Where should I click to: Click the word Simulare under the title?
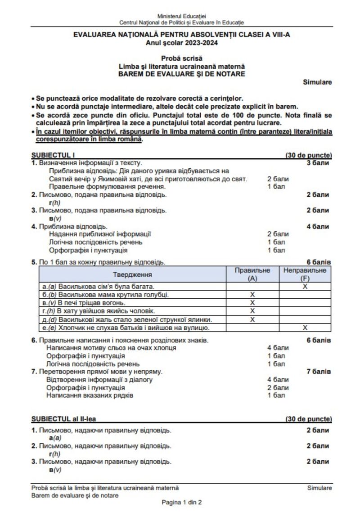point(317,82)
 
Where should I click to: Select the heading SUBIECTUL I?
point(53,155)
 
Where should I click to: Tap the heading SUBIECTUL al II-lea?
point(63,419)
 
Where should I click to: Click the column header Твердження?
point(132,274)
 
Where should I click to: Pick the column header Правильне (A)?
point(252,274)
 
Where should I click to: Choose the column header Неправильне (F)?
point(305,274)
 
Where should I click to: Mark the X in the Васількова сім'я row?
point(305,286)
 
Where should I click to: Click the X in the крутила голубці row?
point(252,295)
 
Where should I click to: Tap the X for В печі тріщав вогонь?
point(252,303)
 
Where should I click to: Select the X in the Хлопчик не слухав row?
point(305,328)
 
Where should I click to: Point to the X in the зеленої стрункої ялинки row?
point(252,319)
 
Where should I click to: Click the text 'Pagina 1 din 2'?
point(181,502)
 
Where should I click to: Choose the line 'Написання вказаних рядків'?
point(90,395)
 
